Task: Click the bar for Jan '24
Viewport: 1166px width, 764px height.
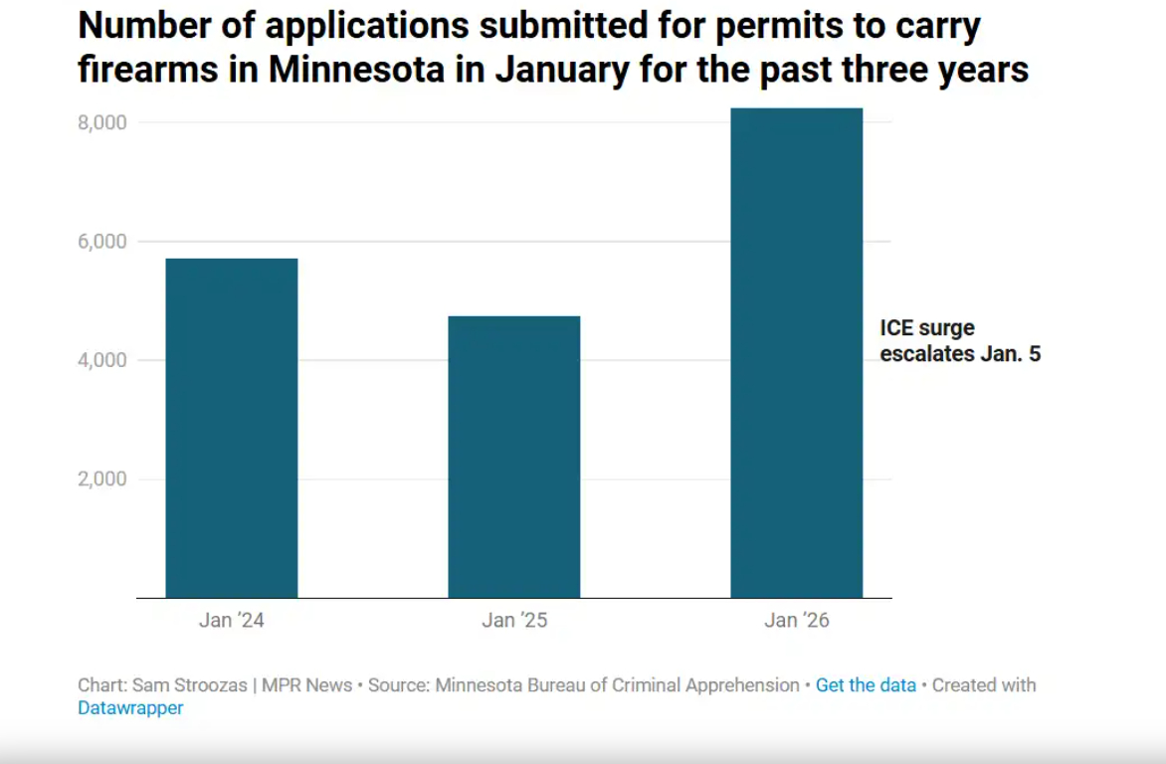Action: pos(231,428)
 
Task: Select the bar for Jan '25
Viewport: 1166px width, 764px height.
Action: pos(513,457)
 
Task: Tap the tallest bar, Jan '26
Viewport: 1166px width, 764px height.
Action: pos(796,352)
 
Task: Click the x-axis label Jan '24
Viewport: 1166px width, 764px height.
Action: pos(231,621)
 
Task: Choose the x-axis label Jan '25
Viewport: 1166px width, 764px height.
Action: pos(513,621)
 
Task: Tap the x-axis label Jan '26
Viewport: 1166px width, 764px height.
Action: pos(796,621)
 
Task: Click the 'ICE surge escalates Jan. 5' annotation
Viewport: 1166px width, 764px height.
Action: pos(959,340)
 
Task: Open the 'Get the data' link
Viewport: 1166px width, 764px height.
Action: pos(866,685)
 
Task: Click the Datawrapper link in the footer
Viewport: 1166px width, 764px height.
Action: pos(130,709)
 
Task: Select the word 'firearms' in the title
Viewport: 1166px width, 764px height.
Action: pos(135,71)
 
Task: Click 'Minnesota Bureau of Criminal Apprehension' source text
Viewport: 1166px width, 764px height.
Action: pos(617,685)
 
